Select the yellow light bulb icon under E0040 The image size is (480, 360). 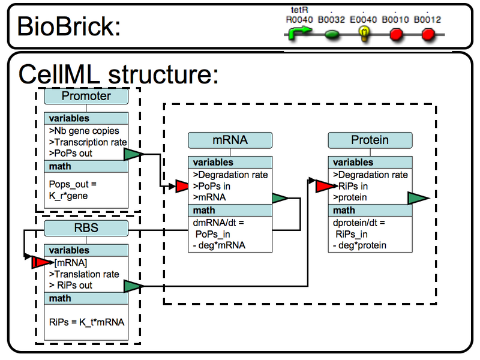[363, 34]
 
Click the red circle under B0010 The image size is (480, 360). [396, 35]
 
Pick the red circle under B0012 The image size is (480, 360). [428, 35]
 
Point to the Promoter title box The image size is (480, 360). [86, 96]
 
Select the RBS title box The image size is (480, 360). [86, 228]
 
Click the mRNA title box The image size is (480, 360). [230, 140]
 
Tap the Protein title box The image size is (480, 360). [370, 140]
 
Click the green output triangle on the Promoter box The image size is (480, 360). [133, 155]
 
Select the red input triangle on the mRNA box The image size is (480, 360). [183, 188]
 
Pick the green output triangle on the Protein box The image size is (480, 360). [417, 198]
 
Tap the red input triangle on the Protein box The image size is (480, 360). [324, 187]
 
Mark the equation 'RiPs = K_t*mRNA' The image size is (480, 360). [86, 322]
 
